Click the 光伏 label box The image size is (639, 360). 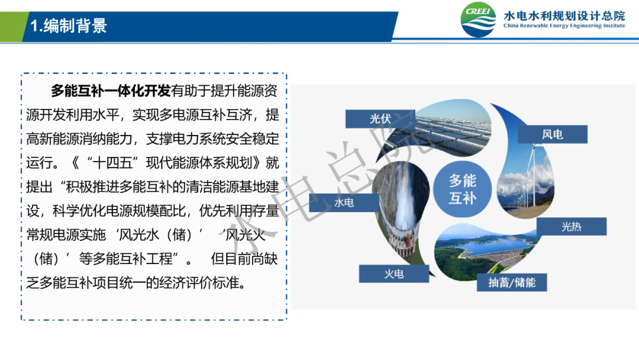[x=380, y=118]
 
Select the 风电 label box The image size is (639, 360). [x=552, y=134]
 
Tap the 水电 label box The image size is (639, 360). [x=344, y=202]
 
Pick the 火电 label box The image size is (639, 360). [x=393, y=274]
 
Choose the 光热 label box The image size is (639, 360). [x=572, y=227]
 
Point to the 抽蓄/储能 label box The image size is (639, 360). [x=512, y=282]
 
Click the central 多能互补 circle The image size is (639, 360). [x=463, y=189]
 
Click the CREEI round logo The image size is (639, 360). [x=478, y=20]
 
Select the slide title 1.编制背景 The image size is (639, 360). [x=69, y=25]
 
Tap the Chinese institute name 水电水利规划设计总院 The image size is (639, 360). [x=564, y=16]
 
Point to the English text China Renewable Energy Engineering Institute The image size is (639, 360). [x=564, y=25]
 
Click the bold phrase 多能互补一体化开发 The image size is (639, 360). [x=111, y=91]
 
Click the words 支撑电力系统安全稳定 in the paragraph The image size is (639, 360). [x=213, y=139]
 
